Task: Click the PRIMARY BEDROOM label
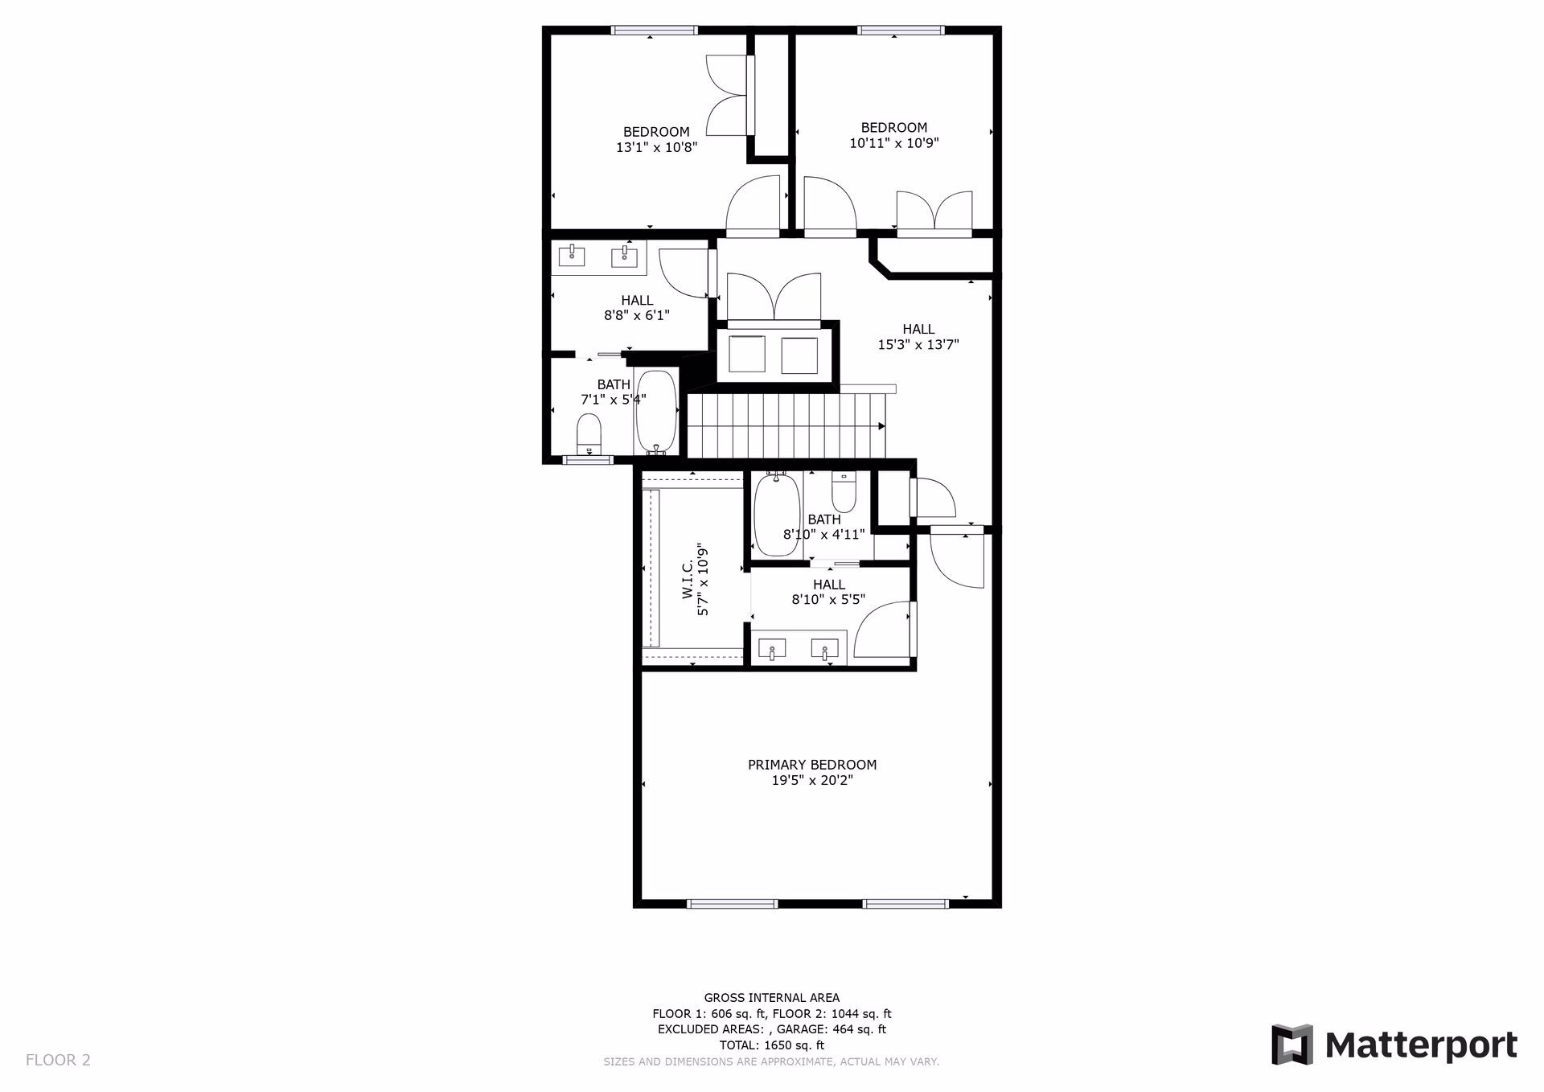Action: point(812,765)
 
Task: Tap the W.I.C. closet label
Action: point(688,580)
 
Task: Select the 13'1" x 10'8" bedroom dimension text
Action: point(656,148)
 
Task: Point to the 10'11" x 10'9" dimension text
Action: point(894,143)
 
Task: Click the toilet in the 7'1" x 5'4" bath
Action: point(589,433)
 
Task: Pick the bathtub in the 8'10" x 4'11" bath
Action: point(776,514)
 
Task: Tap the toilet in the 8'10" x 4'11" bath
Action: point(844,492)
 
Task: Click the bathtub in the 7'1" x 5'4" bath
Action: point(657,411)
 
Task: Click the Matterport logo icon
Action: point(1291,1045)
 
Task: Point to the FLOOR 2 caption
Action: point(58,1060)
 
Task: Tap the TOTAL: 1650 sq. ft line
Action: point(771,1045)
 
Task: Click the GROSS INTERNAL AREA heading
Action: point(771,998)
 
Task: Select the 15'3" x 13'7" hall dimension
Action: point(918,345)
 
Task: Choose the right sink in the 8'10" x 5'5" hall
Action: point(825,649)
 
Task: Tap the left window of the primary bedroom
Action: point(732,904)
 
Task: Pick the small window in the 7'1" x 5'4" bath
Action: point(588,460)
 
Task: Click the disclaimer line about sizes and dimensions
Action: point(771,1062)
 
